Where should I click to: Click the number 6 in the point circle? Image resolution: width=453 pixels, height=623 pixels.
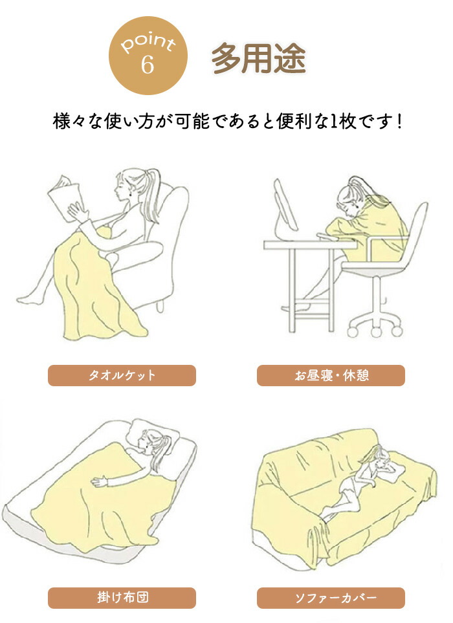(147, 64)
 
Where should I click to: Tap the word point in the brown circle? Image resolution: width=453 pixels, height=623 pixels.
(148, 42)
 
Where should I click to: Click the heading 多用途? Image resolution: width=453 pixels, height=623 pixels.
(259, 58)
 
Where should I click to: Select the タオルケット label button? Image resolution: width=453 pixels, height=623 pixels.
(122, 375)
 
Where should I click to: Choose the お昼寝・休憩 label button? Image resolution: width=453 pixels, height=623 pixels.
(331, 375)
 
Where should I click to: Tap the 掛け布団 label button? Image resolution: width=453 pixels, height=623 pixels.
(122, 598)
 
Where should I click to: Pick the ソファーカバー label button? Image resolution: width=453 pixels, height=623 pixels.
(331, 598)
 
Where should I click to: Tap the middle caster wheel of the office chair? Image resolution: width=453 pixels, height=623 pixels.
(376, 331)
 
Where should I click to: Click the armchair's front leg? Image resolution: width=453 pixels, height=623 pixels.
(160, 306)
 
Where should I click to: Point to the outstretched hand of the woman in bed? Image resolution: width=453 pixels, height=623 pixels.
(100, 481)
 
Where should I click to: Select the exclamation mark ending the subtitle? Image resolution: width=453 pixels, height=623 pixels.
(399, 121)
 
